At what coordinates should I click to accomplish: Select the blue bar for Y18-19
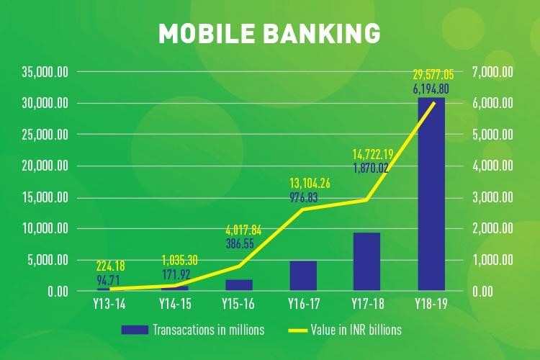tap(431, 194)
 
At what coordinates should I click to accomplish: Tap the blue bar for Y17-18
tap(366, 262)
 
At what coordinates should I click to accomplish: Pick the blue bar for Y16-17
tap(303, 276)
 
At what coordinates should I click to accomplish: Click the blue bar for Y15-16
tap(239, 285)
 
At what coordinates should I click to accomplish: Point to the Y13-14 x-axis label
tap(109, 304)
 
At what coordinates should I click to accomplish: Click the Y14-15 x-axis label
tap(175, 304)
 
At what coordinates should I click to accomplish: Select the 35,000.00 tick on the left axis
tap(45, 72)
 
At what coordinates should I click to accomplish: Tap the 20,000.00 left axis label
tap(45, 166)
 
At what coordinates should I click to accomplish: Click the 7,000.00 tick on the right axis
tap(492, 72)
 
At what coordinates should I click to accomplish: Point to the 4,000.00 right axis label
tap(492, 166)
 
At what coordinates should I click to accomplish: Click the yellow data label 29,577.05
tap(433, 74)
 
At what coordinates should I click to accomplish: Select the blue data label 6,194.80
tap(431, 89)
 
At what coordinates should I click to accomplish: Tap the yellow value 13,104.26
tap(310, 184)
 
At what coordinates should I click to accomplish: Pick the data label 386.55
tap(240, 243)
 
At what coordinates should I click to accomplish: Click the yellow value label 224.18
tap(110, 266)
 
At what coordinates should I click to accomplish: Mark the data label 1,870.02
tap(371, 168)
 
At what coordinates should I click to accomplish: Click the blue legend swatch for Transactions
tap(135, 330)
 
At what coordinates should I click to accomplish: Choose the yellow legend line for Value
tap(298, 330)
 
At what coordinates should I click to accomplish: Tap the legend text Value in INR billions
tap(356, 330)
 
